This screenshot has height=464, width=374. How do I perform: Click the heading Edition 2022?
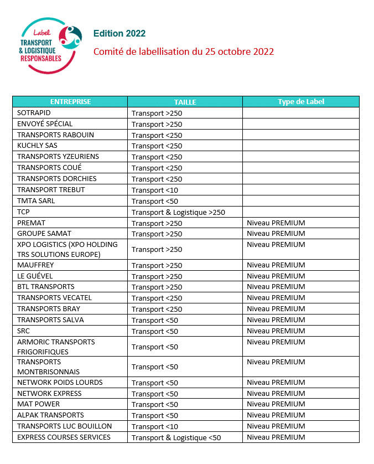(x=120, y=34)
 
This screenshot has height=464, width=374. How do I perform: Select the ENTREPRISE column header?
(x=70, y=102)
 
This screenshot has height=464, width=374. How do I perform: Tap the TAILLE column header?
(x=185, y=102)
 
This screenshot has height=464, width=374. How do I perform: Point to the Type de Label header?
(x=300, y=102)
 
